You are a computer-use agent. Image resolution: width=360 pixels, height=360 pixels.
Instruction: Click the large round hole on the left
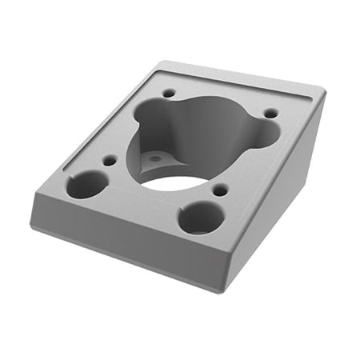click(86, 185)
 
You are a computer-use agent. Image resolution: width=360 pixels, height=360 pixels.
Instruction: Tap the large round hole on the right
click(200, 217)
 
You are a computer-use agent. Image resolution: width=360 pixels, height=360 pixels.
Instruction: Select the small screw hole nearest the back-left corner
click(168, 94)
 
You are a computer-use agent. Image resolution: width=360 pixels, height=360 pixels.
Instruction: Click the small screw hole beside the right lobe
click(271, 113)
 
